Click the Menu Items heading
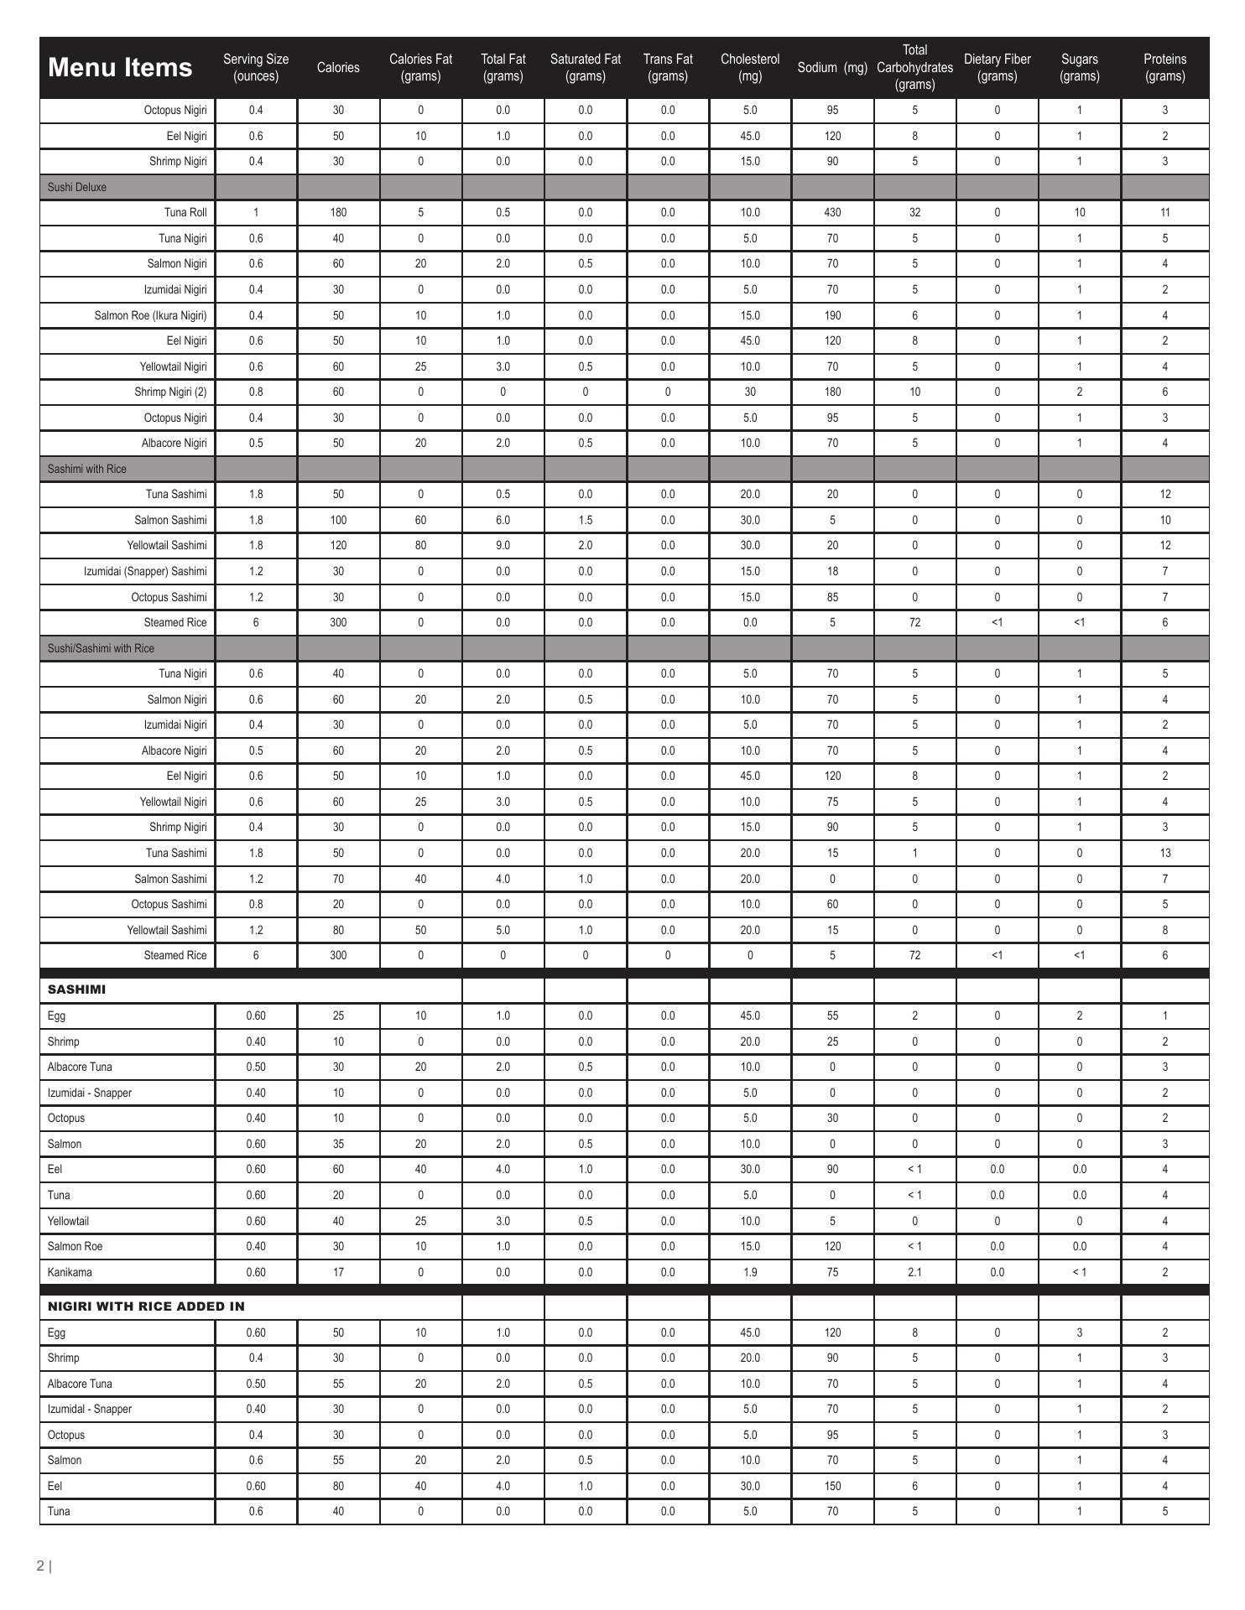click(x=120, y=68)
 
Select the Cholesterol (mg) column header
click(x=749, y=68)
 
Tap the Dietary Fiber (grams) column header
click(x=997, y=68)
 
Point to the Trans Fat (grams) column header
click(x=667, y=68)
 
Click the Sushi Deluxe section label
click(x=77, y=187)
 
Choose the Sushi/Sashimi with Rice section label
click(x=101, y=648)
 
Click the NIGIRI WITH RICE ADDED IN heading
click(x=146, y=1306)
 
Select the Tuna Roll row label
click(x=185, y=212)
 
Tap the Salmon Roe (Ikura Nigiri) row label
click(x=150, y=315)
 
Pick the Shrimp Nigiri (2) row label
click(x=170, y=392)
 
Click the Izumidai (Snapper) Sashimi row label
click(x=145, y=571)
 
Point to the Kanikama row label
click(x=70, y=1272)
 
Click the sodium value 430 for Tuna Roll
click(x=832, y=212)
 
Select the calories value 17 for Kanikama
click(x=338, y=1272)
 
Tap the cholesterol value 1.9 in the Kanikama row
click(x=750, y=1272)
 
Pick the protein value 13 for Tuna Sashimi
click(x=1164, y=853)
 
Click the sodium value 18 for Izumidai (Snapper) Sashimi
click(x=832, y=571)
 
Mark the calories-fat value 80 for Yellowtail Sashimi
click(x=420, y=545)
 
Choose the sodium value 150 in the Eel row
click(x=832, y=1486)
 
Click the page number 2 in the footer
click(x=40, y=1566)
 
